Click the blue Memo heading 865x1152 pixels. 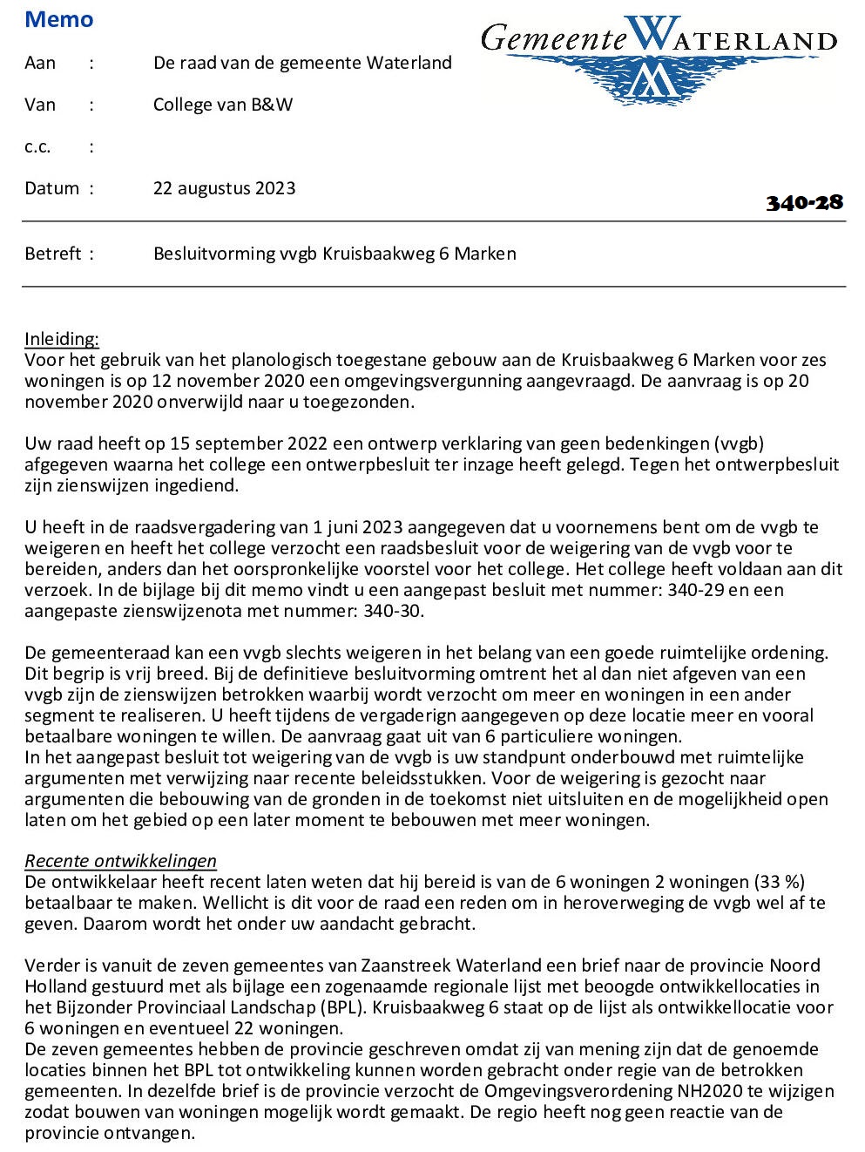(x=59, y=19)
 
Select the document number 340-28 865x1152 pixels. (x=804, y=202)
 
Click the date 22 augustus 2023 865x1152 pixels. (x=224, y=188)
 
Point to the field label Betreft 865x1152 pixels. (x=53, y=254)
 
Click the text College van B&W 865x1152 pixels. (x=223, y=105)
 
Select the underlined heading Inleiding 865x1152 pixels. (x=62, y=339)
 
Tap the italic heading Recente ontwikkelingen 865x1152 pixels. (x=120, y=861)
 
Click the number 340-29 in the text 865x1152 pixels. (x=697, y=590)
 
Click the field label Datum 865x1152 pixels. (x=52, y=188)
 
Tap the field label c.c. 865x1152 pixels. (x=37, y=146)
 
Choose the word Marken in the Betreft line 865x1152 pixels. (x=485, y=254)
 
